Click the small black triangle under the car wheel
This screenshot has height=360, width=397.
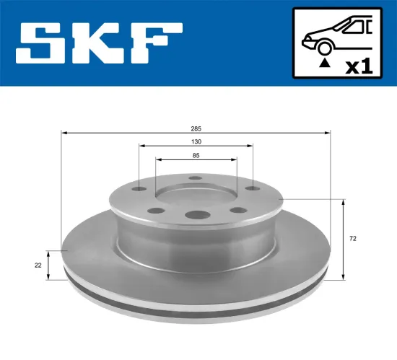pyautogui.click(x=324, y=63)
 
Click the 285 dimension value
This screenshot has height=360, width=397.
pyautogui.click(x=196, y=127)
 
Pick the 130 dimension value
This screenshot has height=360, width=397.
pyautogui.click(x=196, y=141)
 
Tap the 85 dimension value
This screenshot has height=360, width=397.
pyautogui.click(x=196, y=154)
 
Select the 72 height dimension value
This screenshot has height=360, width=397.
pyautogui.click(x=352, y=237)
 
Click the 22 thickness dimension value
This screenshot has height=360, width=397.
pyautogui.click(x=38, y=265)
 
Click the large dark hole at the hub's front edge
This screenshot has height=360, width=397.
pyautogui.click(x=196, y=214)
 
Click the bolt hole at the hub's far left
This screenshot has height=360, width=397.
pyautogui.click(x=138, y=190)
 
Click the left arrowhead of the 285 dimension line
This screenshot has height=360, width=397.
pyautogui.click(x=64, y=133)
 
